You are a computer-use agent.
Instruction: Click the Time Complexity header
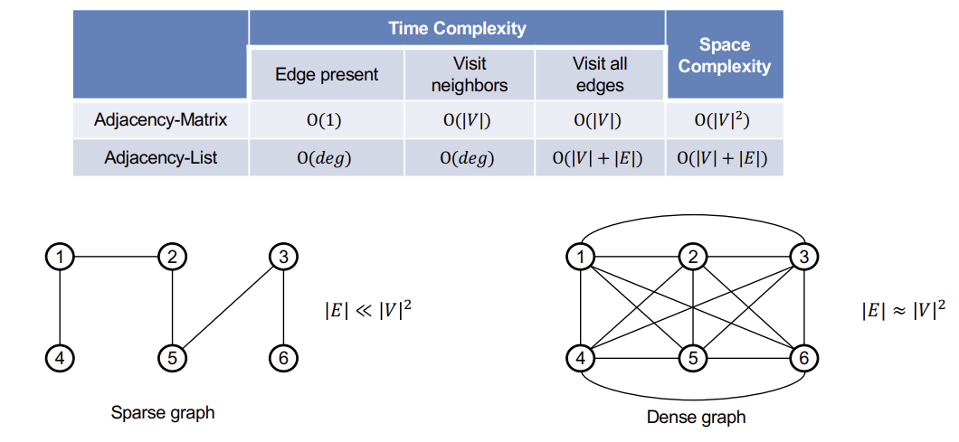(x=457, y=28)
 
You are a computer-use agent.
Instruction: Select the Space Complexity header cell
(x=724, y=55)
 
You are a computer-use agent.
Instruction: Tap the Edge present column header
(x=327, y=75)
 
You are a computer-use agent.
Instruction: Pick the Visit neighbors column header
(x=470, y=75)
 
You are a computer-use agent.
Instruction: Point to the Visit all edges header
(x=599, y=75)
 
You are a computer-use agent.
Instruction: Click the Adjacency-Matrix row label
(x=161, y=120)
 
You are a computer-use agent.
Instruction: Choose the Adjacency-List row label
(x=161, y=157)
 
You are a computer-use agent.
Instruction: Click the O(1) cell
(x=326, y=120)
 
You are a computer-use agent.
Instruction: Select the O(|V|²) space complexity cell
(x=724, y=120)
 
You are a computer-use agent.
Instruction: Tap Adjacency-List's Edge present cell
(x=326, y=157)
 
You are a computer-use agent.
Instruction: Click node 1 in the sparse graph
(x=60, y=258)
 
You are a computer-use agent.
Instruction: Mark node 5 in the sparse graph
(x=173, y=358)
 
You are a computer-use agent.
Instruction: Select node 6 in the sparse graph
(x=283, y=358)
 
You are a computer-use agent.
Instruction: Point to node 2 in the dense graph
(x=693, y=258)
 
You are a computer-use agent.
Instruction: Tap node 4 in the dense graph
(x=581, y=358)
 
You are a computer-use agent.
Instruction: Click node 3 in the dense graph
(x=803, y=258)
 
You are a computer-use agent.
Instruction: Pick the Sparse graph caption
(x=163, y=413)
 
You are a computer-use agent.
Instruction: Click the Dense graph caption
(x=696, y=418)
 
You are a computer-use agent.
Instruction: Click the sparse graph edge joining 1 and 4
(x=60, y=307)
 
